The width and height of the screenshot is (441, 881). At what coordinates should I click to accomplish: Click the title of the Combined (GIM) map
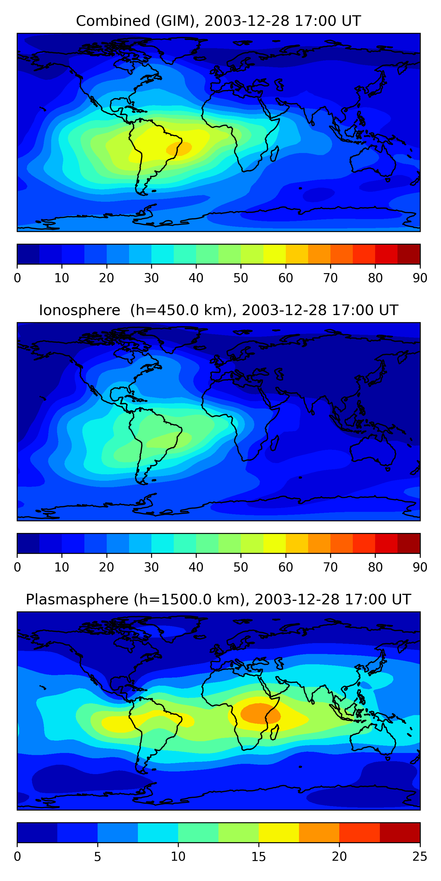pos(218,21)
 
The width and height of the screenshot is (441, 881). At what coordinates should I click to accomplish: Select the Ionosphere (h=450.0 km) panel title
pos(218,310)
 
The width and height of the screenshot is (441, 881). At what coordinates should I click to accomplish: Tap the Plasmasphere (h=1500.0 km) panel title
pos(218,600)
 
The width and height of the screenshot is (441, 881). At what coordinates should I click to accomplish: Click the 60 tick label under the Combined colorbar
pos(285,278)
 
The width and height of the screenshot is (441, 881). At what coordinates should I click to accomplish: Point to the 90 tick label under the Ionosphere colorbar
pos(420,567)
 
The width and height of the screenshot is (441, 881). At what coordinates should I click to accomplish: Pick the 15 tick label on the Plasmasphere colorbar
pos(258,857)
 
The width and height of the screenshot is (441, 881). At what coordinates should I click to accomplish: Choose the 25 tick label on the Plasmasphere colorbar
pos(420,857)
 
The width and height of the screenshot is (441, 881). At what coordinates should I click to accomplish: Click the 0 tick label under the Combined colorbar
pos(17,278)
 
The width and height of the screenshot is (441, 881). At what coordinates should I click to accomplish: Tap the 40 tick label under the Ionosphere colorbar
pos(196,567)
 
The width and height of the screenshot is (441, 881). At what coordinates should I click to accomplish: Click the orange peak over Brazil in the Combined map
pos(179,148)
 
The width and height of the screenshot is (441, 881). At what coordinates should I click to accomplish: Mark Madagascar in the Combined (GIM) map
pos(275,154)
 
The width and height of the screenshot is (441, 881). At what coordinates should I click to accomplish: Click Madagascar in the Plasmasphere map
pos(275,733)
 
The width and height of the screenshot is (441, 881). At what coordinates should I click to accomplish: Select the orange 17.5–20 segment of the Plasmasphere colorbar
pos(319,833)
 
